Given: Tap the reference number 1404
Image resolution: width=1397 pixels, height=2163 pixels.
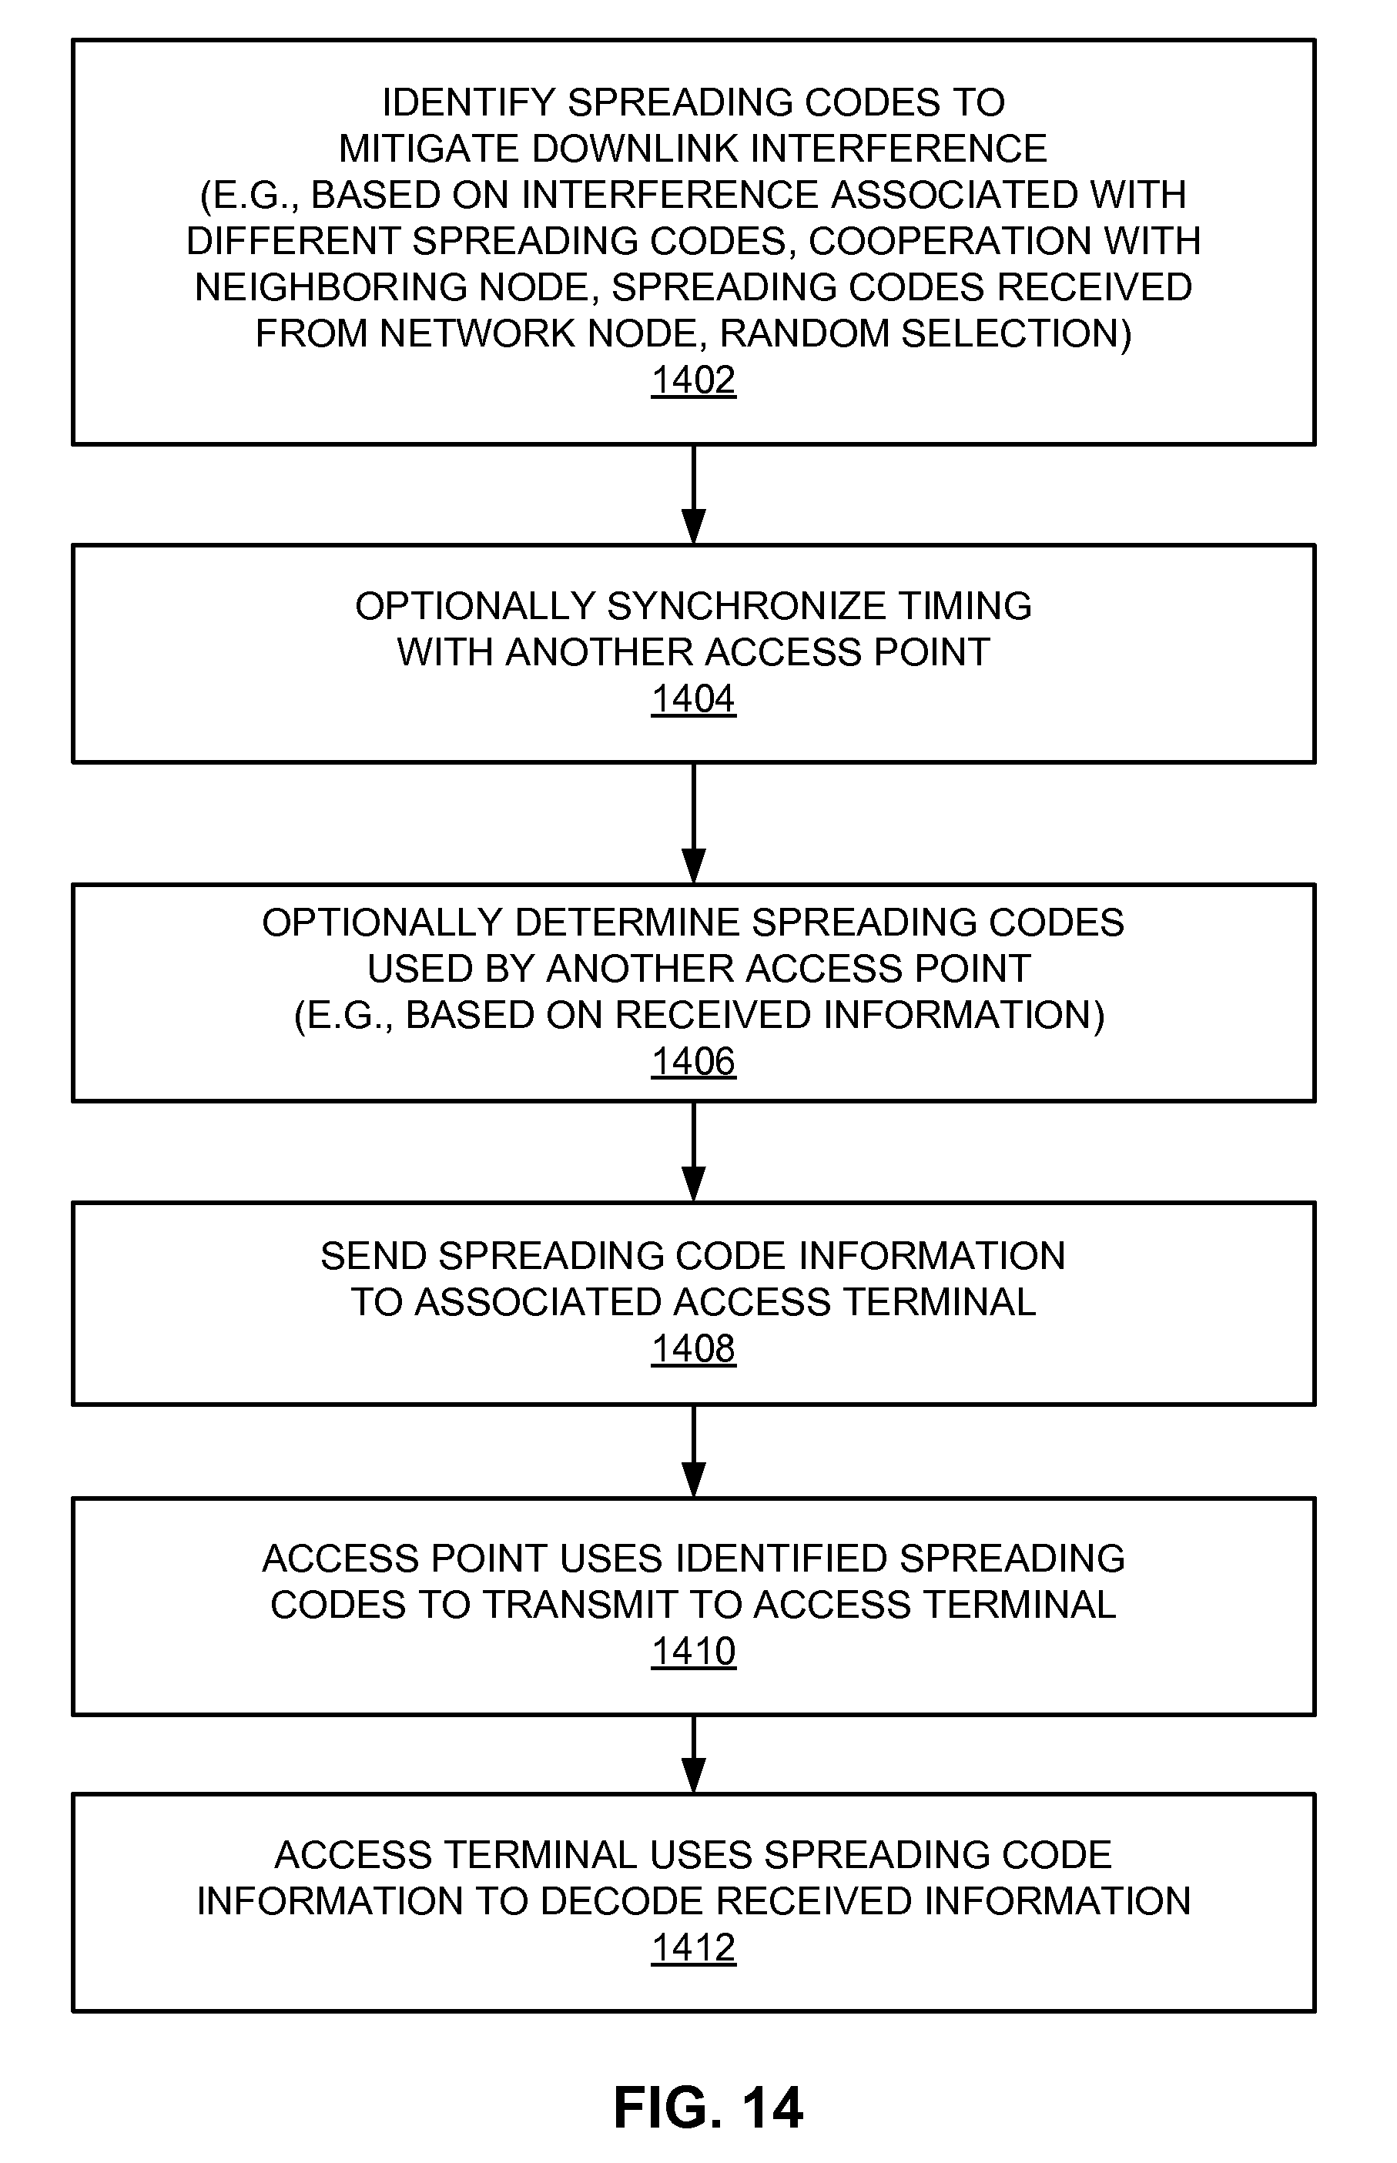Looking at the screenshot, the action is click(693, 699).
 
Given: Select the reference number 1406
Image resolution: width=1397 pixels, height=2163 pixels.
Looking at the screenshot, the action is click(693, 1061).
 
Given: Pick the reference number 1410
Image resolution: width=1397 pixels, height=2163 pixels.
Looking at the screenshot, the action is click(693, 1652).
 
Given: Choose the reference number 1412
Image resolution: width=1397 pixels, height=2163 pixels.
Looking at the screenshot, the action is click(693, 1948).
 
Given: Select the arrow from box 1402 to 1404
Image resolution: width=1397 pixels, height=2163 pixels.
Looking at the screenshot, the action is click(693, 494).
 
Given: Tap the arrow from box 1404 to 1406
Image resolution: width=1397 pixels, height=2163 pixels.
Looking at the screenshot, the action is click(693, 823).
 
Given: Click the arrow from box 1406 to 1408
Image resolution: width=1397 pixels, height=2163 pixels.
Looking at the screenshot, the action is click(693, 1152).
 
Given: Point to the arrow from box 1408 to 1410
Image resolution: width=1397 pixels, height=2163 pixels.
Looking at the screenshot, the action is click(693, 1451).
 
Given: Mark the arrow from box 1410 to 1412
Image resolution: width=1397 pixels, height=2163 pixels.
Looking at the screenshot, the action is click(693, 1754).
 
